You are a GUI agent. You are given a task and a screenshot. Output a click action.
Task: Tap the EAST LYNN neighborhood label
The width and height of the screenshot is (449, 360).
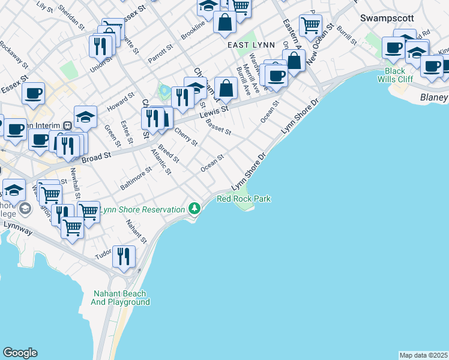click(251, 45)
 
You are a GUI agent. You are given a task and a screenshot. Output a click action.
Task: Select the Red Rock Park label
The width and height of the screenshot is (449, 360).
click(244, 199)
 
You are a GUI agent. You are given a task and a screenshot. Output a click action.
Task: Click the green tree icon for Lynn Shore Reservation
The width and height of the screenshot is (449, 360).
click(194, 209)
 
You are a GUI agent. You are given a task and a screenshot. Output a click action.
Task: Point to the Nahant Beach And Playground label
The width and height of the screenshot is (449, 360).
click(121, 298)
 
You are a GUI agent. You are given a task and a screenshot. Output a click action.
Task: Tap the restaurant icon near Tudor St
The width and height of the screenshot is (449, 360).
click(124, 256)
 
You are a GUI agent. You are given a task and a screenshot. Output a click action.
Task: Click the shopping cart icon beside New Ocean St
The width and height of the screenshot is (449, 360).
click(310, 25)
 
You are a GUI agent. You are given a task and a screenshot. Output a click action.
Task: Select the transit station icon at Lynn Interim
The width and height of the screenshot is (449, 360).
click(68, 125)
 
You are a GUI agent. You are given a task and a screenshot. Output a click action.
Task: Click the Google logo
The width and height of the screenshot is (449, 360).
click(20, 353)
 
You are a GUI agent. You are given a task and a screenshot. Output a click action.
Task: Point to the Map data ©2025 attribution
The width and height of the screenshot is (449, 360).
click(423, 355)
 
